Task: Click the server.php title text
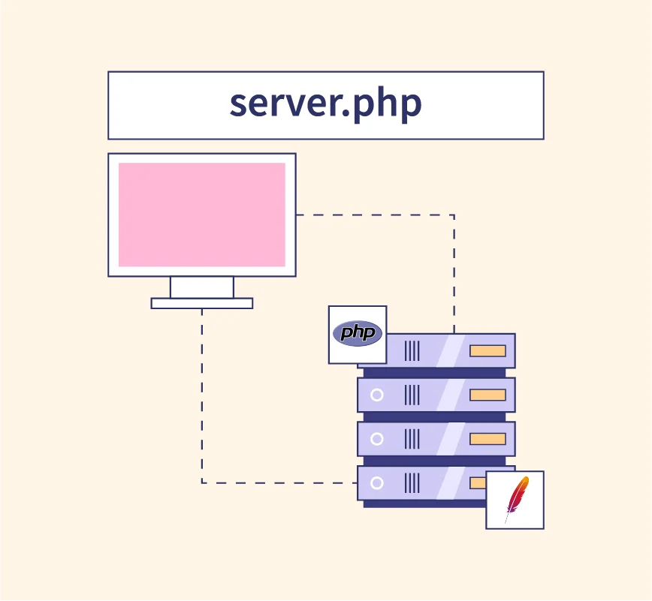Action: tap(325, 105)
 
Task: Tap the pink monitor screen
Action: tap(202, 215)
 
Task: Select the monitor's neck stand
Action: tap(202, 287)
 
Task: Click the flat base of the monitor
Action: tap(202, 303)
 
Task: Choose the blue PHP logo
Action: tap(358, 333)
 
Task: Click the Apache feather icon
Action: tap(515, 499)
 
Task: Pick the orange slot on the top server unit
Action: tap(487, 350)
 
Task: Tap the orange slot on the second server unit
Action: tap(487, 395)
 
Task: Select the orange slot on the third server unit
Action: tap(487, 439)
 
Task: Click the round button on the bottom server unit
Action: tap(377, 483)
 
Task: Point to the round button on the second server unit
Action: tap(377, 395)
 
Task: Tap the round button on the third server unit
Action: tap(377, 439)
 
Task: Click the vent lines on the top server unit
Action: tap(412, 350)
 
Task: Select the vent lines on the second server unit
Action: tap(412, 395)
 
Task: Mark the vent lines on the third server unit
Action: tap(412, 439)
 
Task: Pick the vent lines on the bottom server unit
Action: tap(412, 483)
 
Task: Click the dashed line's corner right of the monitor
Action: tap(454, 215)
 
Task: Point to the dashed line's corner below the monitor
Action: tap(202, 482)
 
